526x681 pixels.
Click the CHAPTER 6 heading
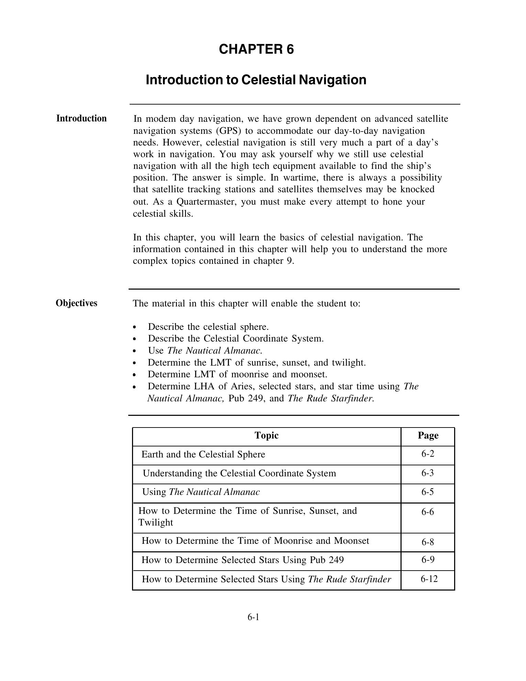[256, 49]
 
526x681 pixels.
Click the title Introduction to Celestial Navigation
[256, 80]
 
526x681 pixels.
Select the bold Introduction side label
[81, 118]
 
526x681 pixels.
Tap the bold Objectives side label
[76, 303]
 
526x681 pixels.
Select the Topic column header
[266, 435]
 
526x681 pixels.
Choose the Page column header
[428, 435]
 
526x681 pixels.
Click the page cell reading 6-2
[428, 454]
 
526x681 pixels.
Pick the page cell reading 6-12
[429, 579]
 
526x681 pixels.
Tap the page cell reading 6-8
[428, 542]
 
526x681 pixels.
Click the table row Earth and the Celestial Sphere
[203, 454]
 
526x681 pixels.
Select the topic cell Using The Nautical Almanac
[201, 492]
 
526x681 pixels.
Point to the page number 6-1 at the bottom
[253, 617]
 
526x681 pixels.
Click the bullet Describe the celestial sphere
[208, 327]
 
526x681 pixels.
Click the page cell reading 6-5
[428, 492]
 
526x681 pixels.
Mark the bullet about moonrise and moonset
[237, 374]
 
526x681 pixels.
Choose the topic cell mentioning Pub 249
[242, 560]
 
